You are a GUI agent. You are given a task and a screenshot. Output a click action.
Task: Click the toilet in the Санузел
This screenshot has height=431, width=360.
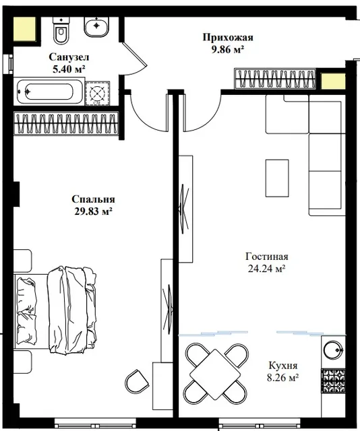coord(61,30)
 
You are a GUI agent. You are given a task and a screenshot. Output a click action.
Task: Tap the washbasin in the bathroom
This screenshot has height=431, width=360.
coord(96,27)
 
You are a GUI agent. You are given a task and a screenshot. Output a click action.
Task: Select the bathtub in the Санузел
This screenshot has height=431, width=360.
coord(49,91)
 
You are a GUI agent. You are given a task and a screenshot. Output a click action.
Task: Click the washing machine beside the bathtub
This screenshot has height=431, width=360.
coord(98,94)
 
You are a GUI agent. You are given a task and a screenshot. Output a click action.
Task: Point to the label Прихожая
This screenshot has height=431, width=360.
coord(228,37)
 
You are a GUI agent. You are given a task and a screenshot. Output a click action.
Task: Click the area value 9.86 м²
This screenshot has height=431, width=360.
coord(228,49)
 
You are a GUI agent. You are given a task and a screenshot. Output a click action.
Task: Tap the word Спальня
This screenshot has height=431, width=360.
coord(93,199)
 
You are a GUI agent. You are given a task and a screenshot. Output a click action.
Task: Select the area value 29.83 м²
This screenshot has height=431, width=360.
coord(93,211)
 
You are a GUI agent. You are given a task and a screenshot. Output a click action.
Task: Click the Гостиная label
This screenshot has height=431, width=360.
coord(267,257)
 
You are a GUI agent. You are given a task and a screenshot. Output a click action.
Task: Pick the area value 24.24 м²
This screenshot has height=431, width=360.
coord(267,269)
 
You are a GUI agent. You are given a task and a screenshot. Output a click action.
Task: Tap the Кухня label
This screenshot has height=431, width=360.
coord(283,366)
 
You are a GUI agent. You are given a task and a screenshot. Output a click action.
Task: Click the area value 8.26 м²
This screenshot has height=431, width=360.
coord(283,378)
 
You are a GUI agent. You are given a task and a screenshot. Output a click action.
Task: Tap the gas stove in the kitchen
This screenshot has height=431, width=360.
coord(334,380)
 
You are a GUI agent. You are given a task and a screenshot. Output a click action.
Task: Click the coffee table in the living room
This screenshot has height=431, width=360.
coord(277,178)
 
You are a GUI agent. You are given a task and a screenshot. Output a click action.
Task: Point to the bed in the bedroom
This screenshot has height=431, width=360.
coord(55,309)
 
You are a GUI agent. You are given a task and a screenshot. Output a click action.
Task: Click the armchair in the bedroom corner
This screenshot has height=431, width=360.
coord(137,382)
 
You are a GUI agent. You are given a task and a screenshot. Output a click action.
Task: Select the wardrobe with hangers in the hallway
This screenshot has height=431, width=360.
coord(275,79)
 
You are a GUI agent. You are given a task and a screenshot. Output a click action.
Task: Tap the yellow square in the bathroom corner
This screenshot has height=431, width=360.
coord(24,29)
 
